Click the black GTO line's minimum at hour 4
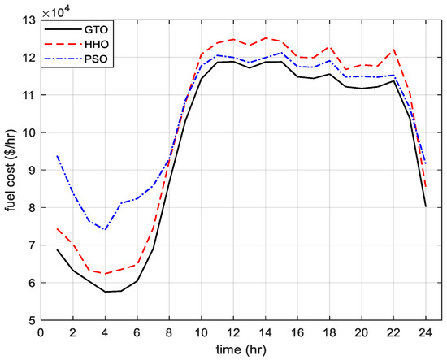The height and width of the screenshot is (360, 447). (105, 292)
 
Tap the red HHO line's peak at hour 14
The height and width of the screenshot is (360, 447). (265, 37)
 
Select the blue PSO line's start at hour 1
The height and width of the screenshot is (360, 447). (57, 155)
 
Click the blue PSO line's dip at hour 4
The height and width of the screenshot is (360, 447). (105, 229)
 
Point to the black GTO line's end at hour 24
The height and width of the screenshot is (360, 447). (425, 206)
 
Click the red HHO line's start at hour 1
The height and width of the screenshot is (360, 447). (57, 228)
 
